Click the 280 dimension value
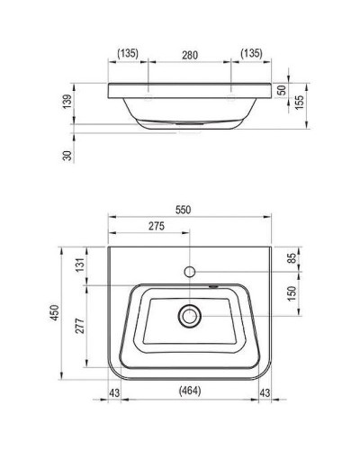pos(189,54)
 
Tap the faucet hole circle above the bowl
pos(191,271)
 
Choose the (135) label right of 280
pos(250,54)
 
